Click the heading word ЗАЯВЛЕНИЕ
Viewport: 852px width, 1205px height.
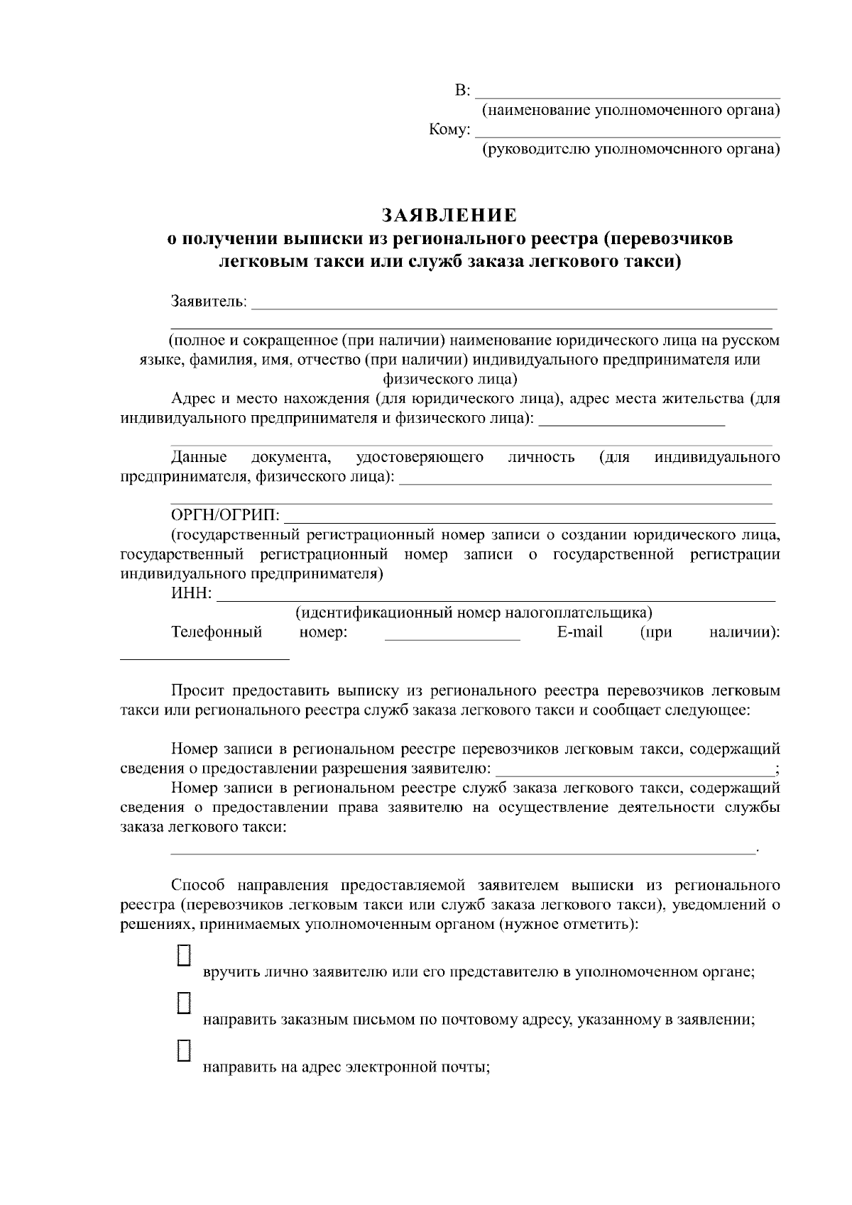pos(449,215)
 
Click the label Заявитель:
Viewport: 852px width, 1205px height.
pos(209,302)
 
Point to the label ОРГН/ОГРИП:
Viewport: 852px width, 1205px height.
pos(225,515)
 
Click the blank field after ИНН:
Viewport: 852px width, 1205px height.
pos(496,595)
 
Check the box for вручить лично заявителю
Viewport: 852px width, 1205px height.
pos(184,954)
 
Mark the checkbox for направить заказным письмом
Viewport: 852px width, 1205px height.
pos(184,1002)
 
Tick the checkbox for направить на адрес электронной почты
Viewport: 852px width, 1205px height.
pos(184,1050)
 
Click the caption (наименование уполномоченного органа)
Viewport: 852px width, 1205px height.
pos(630,111)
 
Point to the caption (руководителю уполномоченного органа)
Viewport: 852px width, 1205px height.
pos(630,149)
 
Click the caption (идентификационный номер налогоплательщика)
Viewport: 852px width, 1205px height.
pos(474,612)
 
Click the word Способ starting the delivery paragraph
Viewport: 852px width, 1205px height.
pos(197,885)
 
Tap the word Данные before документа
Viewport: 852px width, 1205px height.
pos(199,457)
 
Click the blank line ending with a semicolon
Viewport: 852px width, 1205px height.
pos(635,769)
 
